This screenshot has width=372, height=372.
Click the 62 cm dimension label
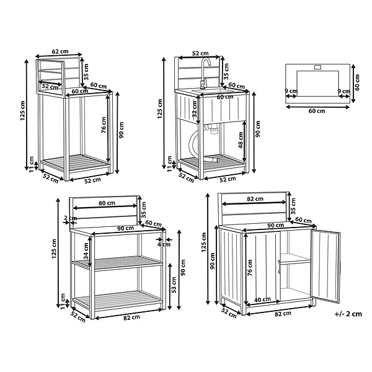tap(60, 51)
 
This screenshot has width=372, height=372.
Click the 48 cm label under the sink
tap(241, 140)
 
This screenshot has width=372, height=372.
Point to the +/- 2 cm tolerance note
tap(348, 314)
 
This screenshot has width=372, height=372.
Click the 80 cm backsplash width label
tap(107, 203)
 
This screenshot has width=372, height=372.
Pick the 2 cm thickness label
tap(71, 218)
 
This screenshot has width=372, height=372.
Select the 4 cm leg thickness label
tap(164, 244)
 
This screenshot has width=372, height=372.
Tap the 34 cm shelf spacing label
tap(86, 250)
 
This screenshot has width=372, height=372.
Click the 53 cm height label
tap(174, 285)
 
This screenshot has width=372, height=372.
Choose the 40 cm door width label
tap(262, 299)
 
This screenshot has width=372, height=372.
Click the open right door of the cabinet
tap(325, 266)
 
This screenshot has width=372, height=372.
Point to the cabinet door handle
tap(280, 267)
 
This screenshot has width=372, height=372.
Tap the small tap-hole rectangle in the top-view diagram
tap(317, 68)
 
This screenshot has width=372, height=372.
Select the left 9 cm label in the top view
tap(291, 91)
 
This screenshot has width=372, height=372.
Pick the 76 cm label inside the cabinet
tap(250, 268)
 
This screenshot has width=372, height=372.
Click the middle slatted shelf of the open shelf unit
tap(117, 263)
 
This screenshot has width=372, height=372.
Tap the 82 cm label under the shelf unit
tap(131, 317)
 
